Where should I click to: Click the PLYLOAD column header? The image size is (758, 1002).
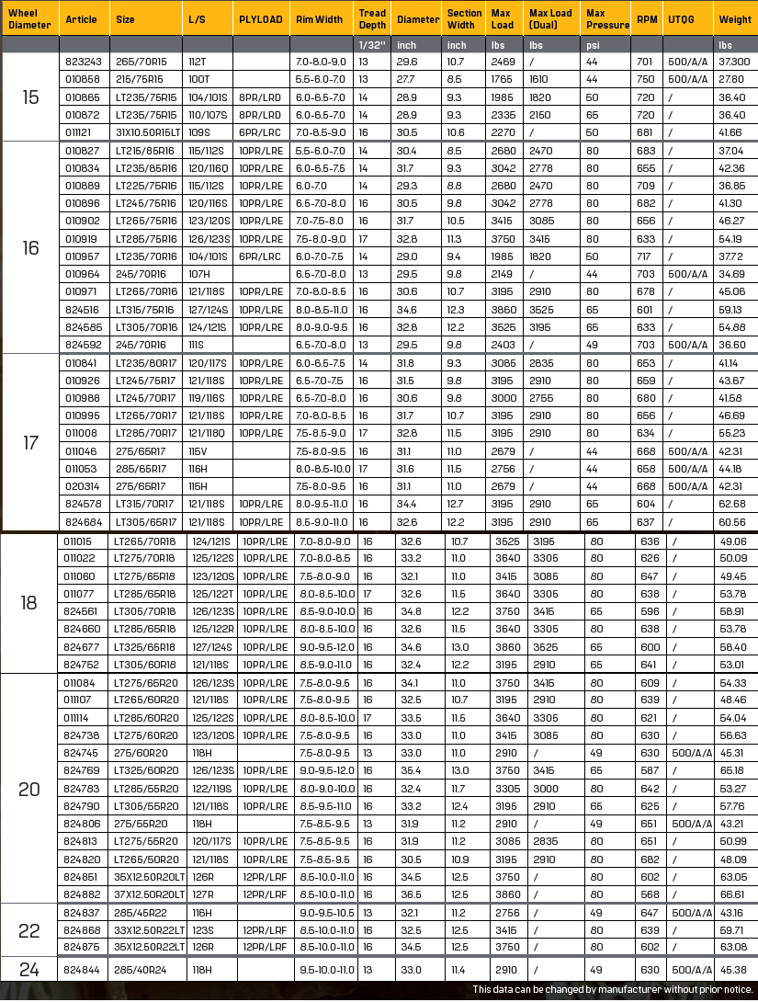coord(261,18)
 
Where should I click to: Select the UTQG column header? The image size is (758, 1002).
coord(681,18)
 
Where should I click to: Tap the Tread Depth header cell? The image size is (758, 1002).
coord(372,18)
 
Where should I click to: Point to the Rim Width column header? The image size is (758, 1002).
coord(319,18)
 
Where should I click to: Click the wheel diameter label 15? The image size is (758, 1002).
coord(30,97)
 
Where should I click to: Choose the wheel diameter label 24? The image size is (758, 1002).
coord(29,970)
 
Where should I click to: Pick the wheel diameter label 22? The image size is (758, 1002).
coord(29,930)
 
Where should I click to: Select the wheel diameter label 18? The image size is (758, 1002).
coord(29,602)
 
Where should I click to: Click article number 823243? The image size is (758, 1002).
coord(82,62)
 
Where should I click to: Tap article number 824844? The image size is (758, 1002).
coord(82,970)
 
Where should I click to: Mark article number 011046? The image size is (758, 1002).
coord(82,451)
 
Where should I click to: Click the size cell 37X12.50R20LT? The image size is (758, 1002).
coord(145,894)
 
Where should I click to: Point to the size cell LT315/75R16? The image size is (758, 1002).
coord(145,309)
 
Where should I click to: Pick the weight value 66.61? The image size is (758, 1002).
coord(733,894)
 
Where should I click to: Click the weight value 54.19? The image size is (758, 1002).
coord(732,238)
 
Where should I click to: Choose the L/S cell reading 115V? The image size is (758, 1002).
coord(198,451)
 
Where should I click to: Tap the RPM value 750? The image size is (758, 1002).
coord(646,79)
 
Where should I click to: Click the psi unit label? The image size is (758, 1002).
coord(594,44)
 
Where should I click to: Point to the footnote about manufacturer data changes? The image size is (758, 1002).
coord(613,990)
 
